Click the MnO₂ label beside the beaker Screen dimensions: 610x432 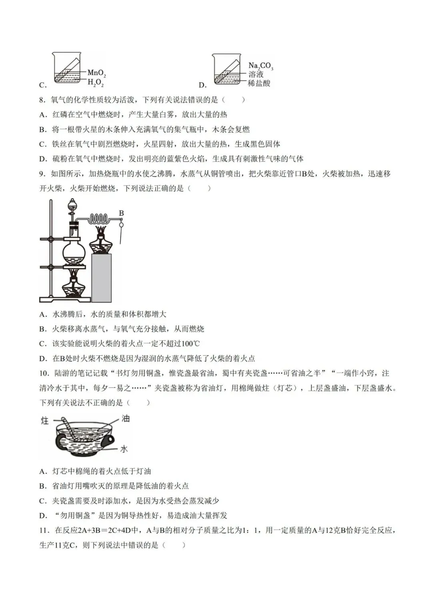tap(96, 73)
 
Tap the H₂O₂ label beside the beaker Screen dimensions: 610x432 tap(96, 83)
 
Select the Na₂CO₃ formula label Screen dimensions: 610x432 tap(260, 66)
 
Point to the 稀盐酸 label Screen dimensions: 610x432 tap(259, 83)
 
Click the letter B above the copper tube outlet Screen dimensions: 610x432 tap(122, 213)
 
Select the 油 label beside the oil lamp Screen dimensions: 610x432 tap(126, 419)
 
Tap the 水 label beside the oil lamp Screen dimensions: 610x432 tap(124, 449)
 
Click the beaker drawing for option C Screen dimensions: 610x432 tap(67, 69)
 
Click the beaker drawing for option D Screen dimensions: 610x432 tap(227, 69)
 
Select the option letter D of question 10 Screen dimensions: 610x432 tap(43, 516)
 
